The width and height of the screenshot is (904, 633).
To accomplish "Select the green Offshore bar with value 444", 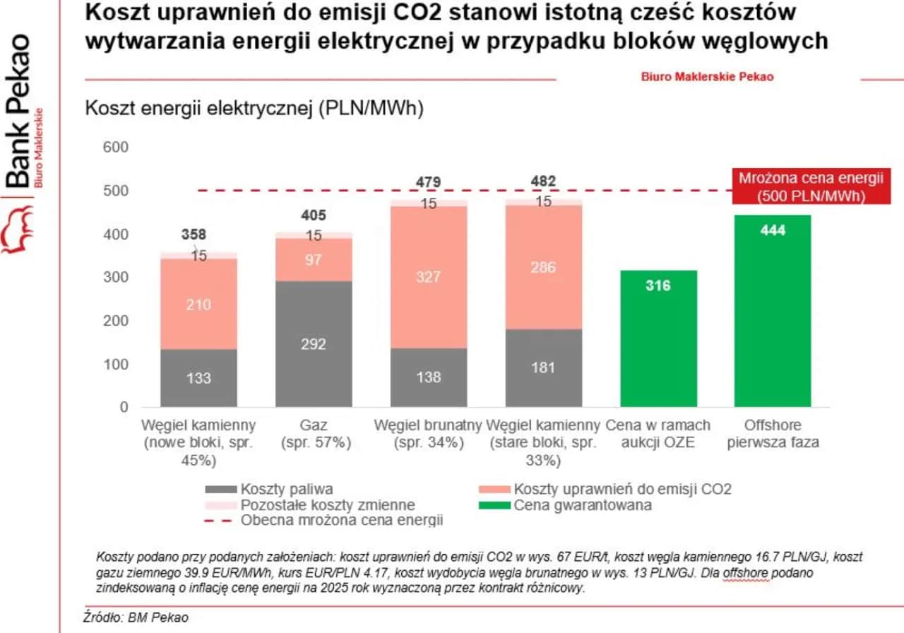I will click(x=772, y=311).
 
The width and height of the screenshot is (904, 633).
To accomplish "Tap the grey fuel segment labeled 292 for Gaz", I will click(x=314, y=343).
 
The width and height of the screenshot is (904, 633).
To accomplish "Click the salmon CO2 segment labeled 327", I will click(x=428, y=277).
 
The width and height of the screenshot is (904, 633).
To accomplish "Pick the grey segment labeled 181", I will click(x=543, y=368).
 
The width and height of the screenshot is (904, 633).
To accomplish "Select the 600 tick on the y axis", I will click(x=116, y=147).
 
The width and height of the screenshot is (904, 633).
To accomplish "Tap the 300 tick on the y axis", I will click(x=116, y=278).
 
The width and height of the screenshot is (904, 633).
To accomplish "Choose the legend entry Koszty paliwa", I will click(x=268, y=489).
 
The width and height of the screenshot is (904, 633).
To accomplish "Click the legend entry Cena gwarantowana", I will click(x=564, y=505).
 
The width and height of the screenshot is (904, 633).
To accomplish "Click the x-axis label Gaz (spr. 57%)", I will click(x=314, y=434).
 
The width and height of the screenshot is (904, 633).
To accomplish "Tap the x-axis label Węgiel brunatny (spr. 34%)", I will click(x=428, y=434).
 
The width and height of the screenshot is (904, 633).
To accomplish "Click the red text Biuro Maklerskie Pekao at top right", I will click(x=707, y=76).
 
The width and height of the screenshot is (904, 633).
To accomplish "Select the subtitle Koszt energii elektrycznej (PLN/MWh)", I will click(x=254, y=110).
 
